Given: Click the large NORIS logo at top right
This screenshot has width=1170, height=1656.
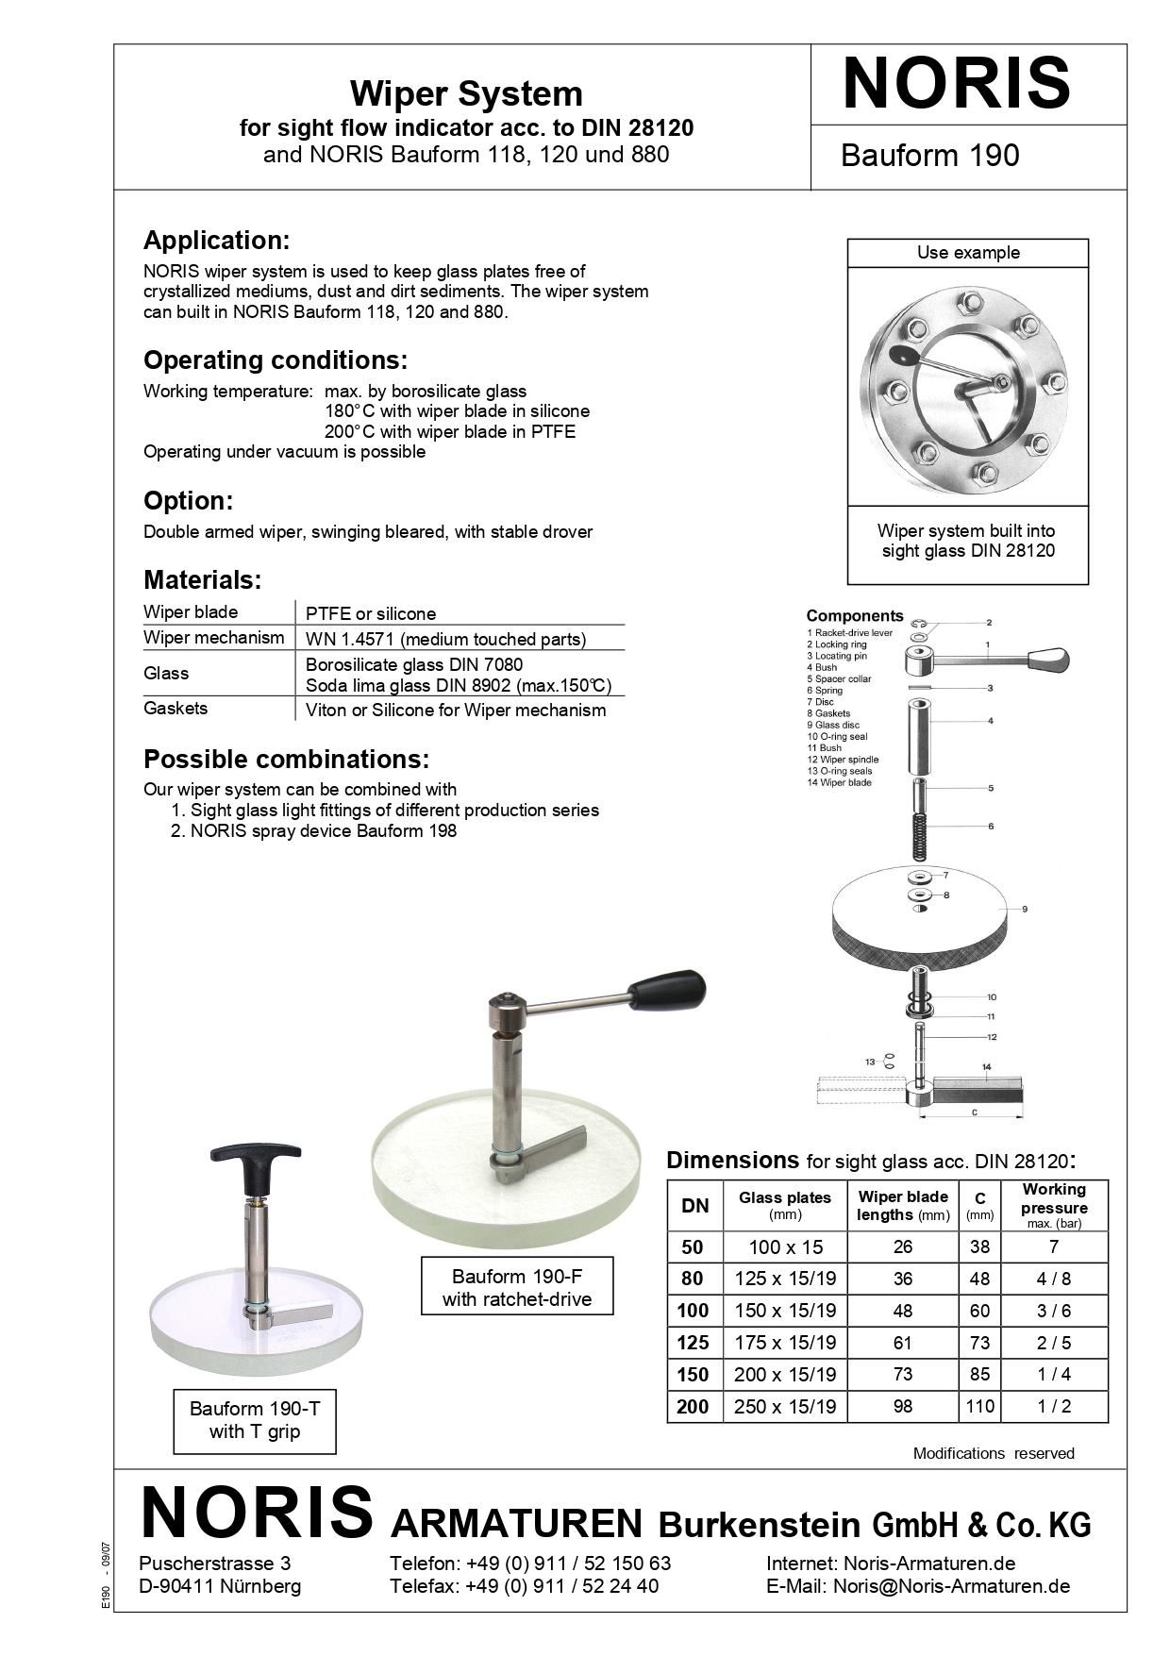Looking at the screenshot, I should click(956, 85).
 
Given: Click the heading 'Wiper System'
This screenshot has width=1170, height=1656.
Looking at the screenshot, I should click(466, 93).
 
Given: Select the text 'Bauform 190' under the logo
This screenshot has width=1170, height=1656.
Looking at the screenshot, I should click(929, 156).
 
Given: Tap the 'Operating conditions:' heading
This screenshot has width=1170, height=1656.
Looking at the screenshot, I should click(276, 360).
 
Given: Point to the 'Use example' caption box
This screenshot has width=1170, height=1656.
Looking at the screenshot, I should click(968, 253).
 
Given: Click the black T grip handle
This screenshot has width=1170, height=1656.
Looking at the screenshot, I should click(256, 1157).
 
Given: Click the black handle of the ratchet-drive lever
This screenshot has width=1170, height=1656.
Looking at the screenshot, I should click(668, 987).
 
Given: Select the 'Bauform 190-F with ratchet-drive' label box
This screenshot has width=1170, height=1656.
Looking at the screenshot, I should click(517, 1287).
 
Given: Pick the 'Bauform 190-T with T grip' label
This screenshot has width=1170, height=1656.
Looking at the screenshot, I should click(255, 1419).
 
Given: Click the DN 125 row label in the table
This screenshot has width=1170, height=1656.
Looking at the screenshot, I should click(694, 1342).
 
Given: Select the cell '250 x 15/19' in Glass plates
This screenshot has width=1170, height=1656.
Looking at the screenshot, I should click(785, 1406).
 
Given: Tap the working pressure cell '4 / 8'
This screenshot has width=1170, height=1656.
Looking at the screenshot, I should click(1054, 1279).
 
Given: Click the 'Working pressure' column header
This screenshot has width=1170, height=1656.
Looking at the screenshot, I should click(1054, 1205).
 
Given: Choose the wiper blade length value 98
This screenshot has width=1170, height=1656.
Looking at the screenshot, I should click(903, 1406).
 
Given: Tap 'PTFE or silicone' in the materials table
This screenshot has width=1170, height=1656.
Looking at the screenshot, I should click(371, 613).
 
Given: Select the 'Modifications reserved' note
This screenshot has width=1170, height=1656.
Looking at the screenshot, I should click(994, 1453).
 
